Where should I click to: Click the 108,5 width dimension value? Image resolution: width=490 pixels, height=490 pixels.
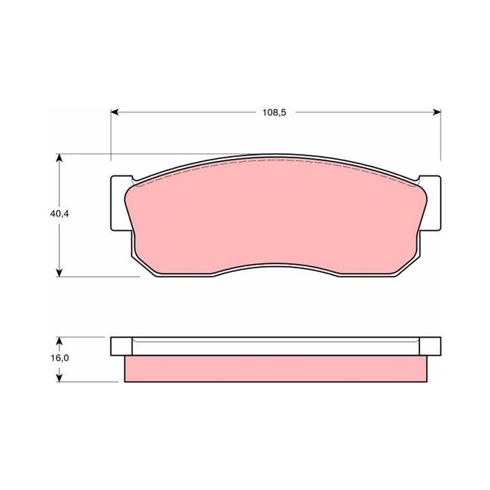point(274,113)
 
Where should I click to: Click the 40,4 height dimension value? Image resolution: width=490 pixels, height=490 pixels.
point(59,214)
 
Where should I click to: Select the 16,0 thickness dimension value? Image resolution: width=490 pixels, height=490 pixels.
point(59,358)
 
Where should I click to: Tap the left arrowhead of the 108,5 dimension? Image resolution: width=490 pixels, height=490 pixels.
point(115,112)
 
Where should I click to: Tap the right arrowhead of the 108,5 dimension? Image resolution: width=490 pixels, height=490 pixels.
point(437,112)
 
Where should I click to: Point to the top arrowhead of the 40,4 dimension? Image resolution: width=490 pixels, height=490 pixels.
point(59,157)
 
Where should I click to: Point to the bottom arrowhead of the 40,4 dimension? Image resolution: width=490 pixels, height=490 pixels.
point(59,273)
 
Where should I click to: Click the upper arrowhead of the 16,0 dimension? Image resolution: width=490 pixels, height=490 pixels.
point(59,341)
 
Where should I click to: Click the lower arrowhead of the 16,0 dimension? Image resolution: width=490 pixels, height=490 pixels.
point(59,378)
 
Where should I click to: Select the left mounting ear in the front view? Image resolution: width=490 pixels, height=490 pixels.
point(119,203)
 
